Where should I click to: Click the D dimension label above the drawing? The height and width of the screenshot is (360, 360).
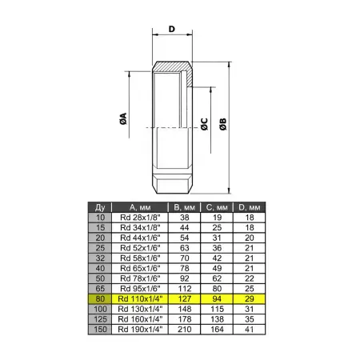click(172, 29)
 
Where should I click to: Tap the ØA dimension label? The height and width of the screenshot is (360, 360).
click(123, 118)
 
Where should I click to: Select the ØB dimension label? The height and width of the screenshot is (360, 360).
click(223, 124)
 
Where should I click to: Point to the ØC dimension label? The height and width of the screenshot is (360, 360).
click(204, 124)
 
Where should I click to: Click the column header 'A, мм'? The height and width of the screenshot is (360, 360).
click(140, 207)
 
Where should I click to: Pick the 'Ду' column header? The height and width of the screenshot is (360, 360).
click(100, 207)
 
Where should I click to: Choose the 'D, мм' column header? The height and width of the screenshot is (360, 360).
click(250, 207)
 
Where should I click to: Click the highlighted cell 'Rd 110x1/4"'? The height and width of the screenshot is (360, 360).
click(140, 298)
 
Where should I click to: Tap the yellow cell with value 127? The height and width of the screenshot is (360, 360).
click(185, 298)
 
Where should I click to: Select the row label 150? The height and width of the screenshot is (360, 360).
click(100, 330)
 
